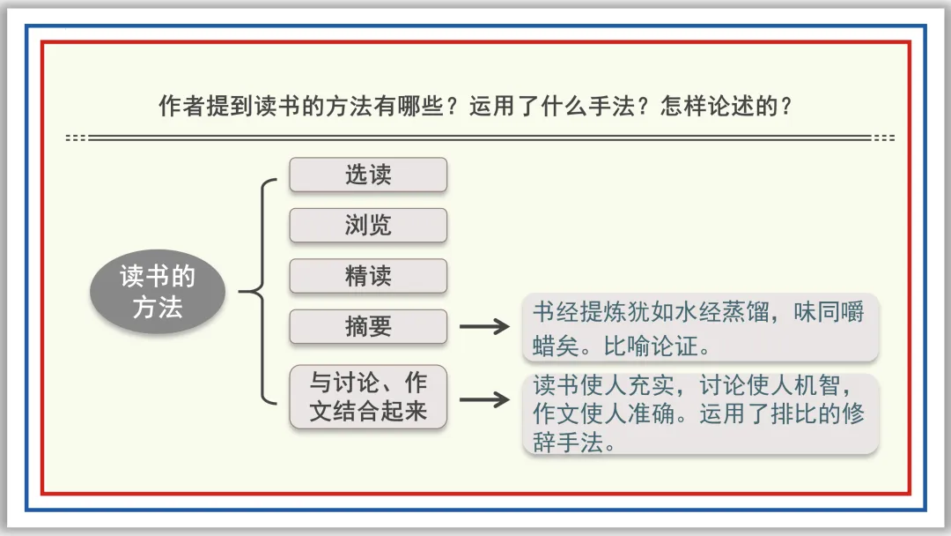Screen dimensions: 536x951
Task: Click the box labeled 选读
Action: click(368, 175)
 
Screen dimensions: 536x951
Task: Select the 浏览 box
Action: click(368, 226)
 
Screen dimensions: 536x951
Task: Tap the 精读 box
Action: click(368, 277)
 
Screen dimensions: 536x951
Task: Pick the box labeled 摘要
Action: click(368, 327)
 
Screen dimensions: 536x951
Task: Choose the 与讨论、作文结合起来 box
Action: click(368, 398)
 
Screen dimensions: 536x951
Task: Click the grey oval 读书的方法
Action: click(158, 292)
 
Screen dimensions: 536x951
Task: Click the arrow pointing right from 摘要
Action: click(484, 327)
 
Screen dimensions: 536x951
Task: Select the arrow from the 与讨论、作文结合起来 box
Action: click(484, 398)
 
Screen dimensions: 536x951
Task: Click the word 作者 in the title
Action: click(173, 107)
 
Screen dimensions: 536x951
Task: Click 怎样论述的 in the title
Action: click(711, 107)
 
